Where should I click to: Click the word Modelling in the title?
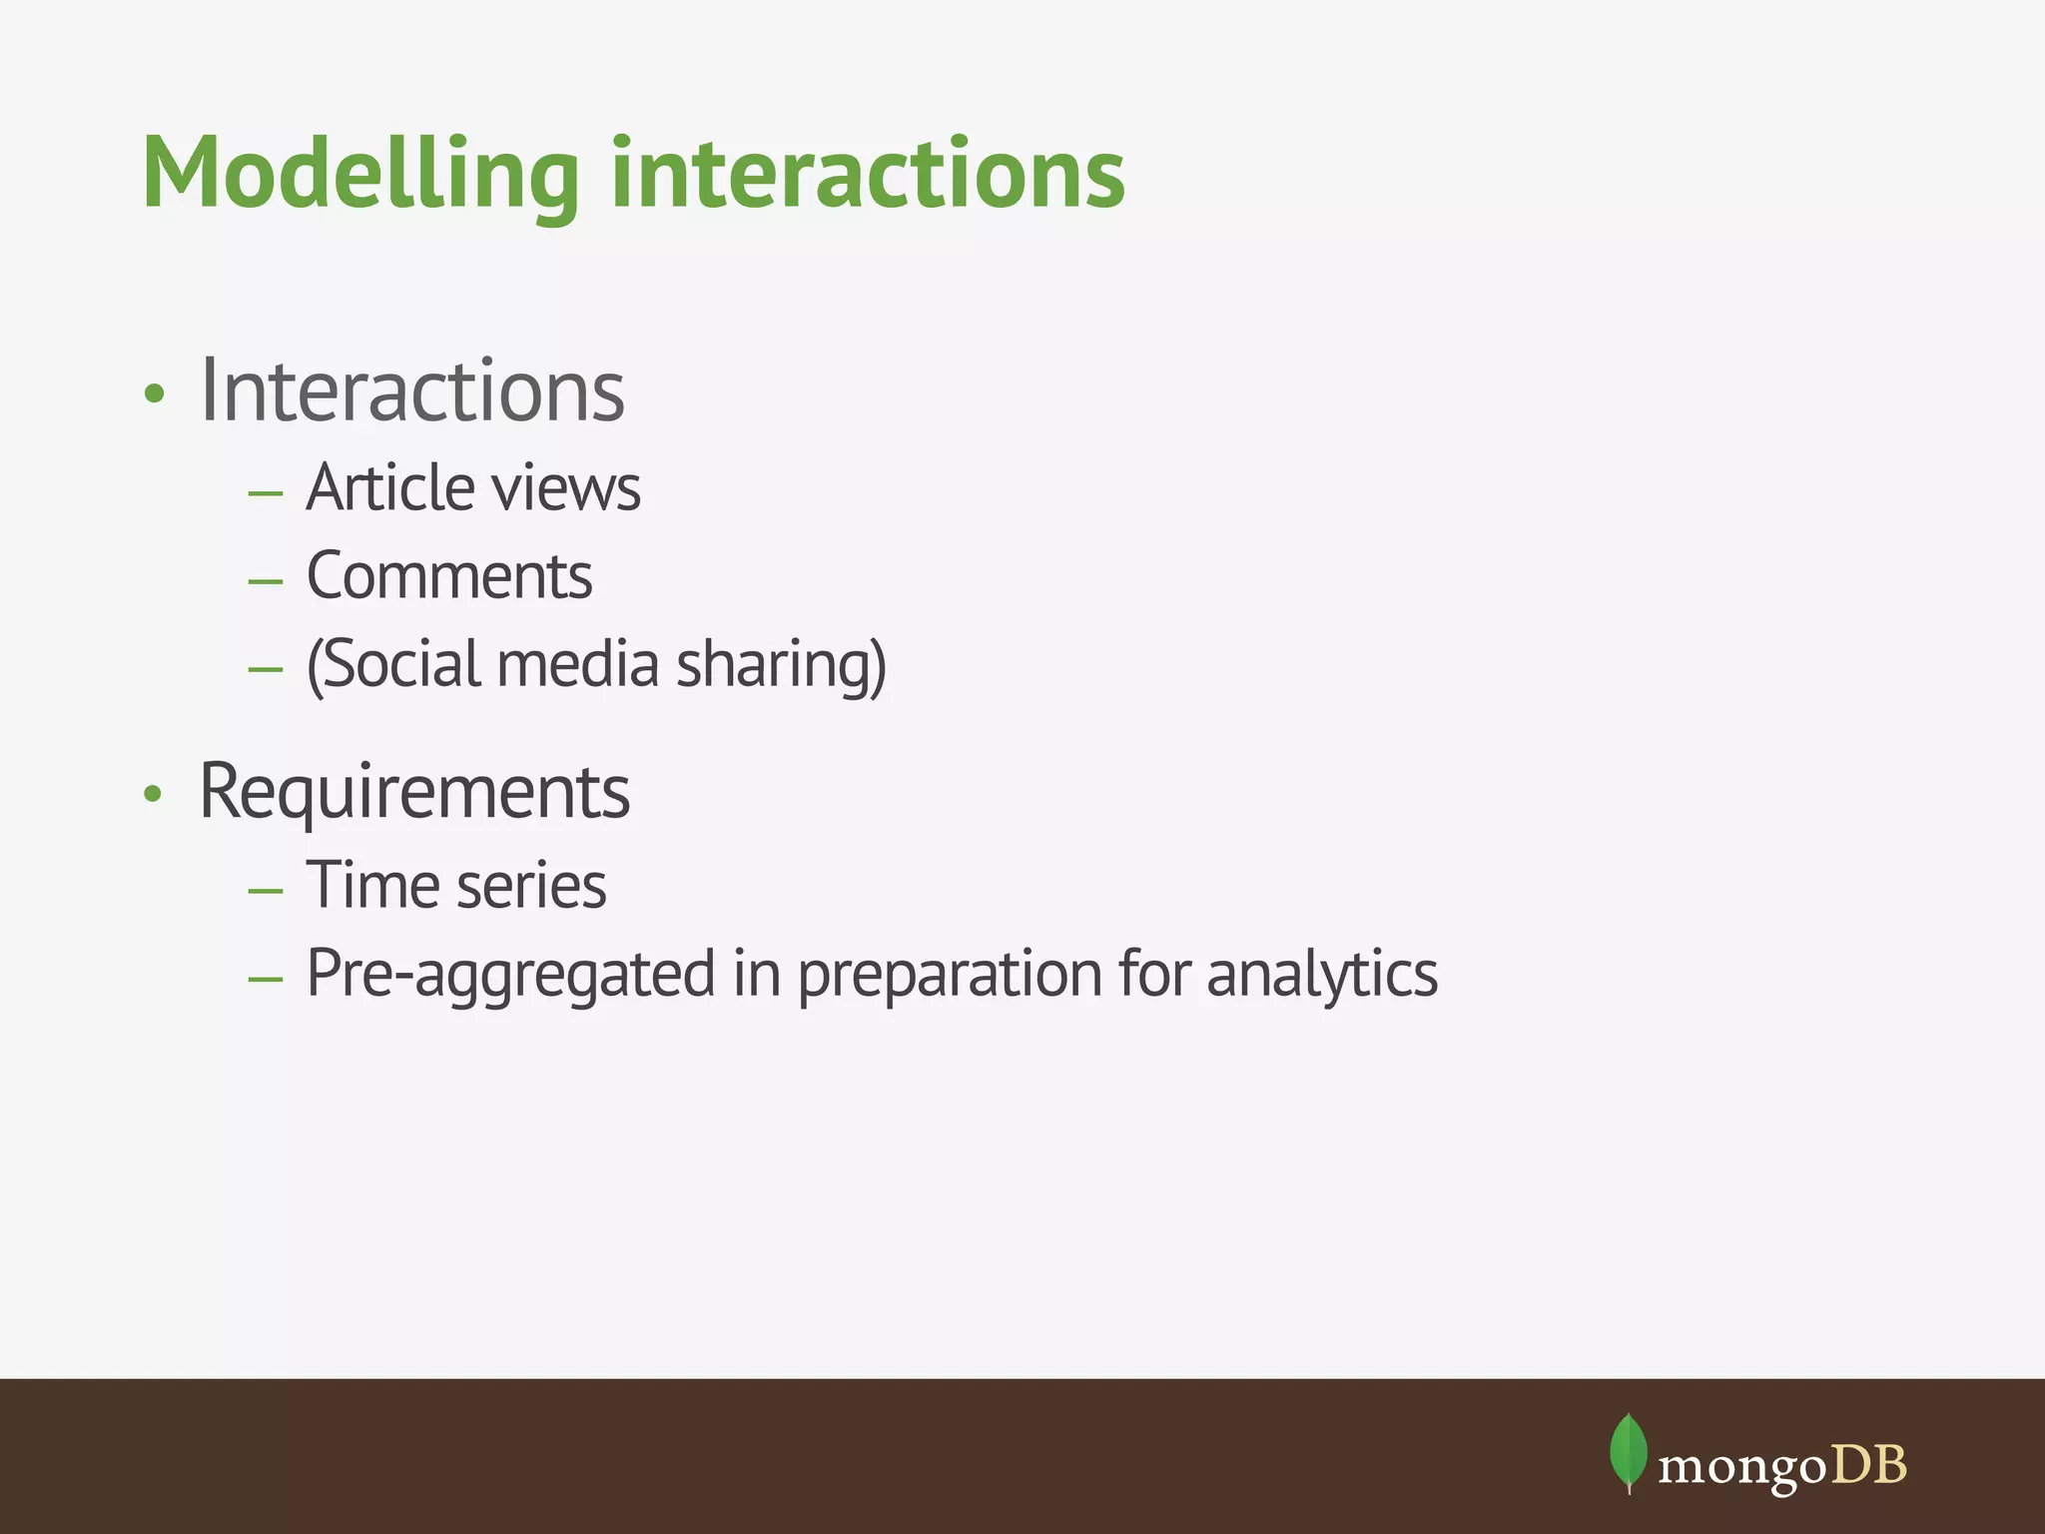tap(360, 175)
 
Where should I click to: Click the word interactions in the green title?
tap(868, 175)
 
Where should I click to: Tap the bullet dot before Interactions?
tap(153, 393)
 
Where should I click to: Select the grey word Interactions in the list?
tap(411, 390)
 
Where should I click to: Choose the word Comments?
tap(449, 576)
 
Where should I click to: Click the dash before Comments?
tap(266, 580)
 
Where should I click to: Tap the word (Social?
tap(397, 665)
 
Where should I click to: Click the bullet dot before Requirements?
tap(152, 794)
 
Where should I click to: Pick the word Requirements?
tap(414, 792)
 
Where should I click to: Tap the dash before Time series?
tap(266, 890)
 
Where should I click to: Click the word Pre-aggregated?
tap(510, 975)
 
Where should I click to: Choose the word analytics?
tap(1322, 975)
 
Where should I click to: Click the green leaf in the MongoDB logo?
tap(1629, 1451)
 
